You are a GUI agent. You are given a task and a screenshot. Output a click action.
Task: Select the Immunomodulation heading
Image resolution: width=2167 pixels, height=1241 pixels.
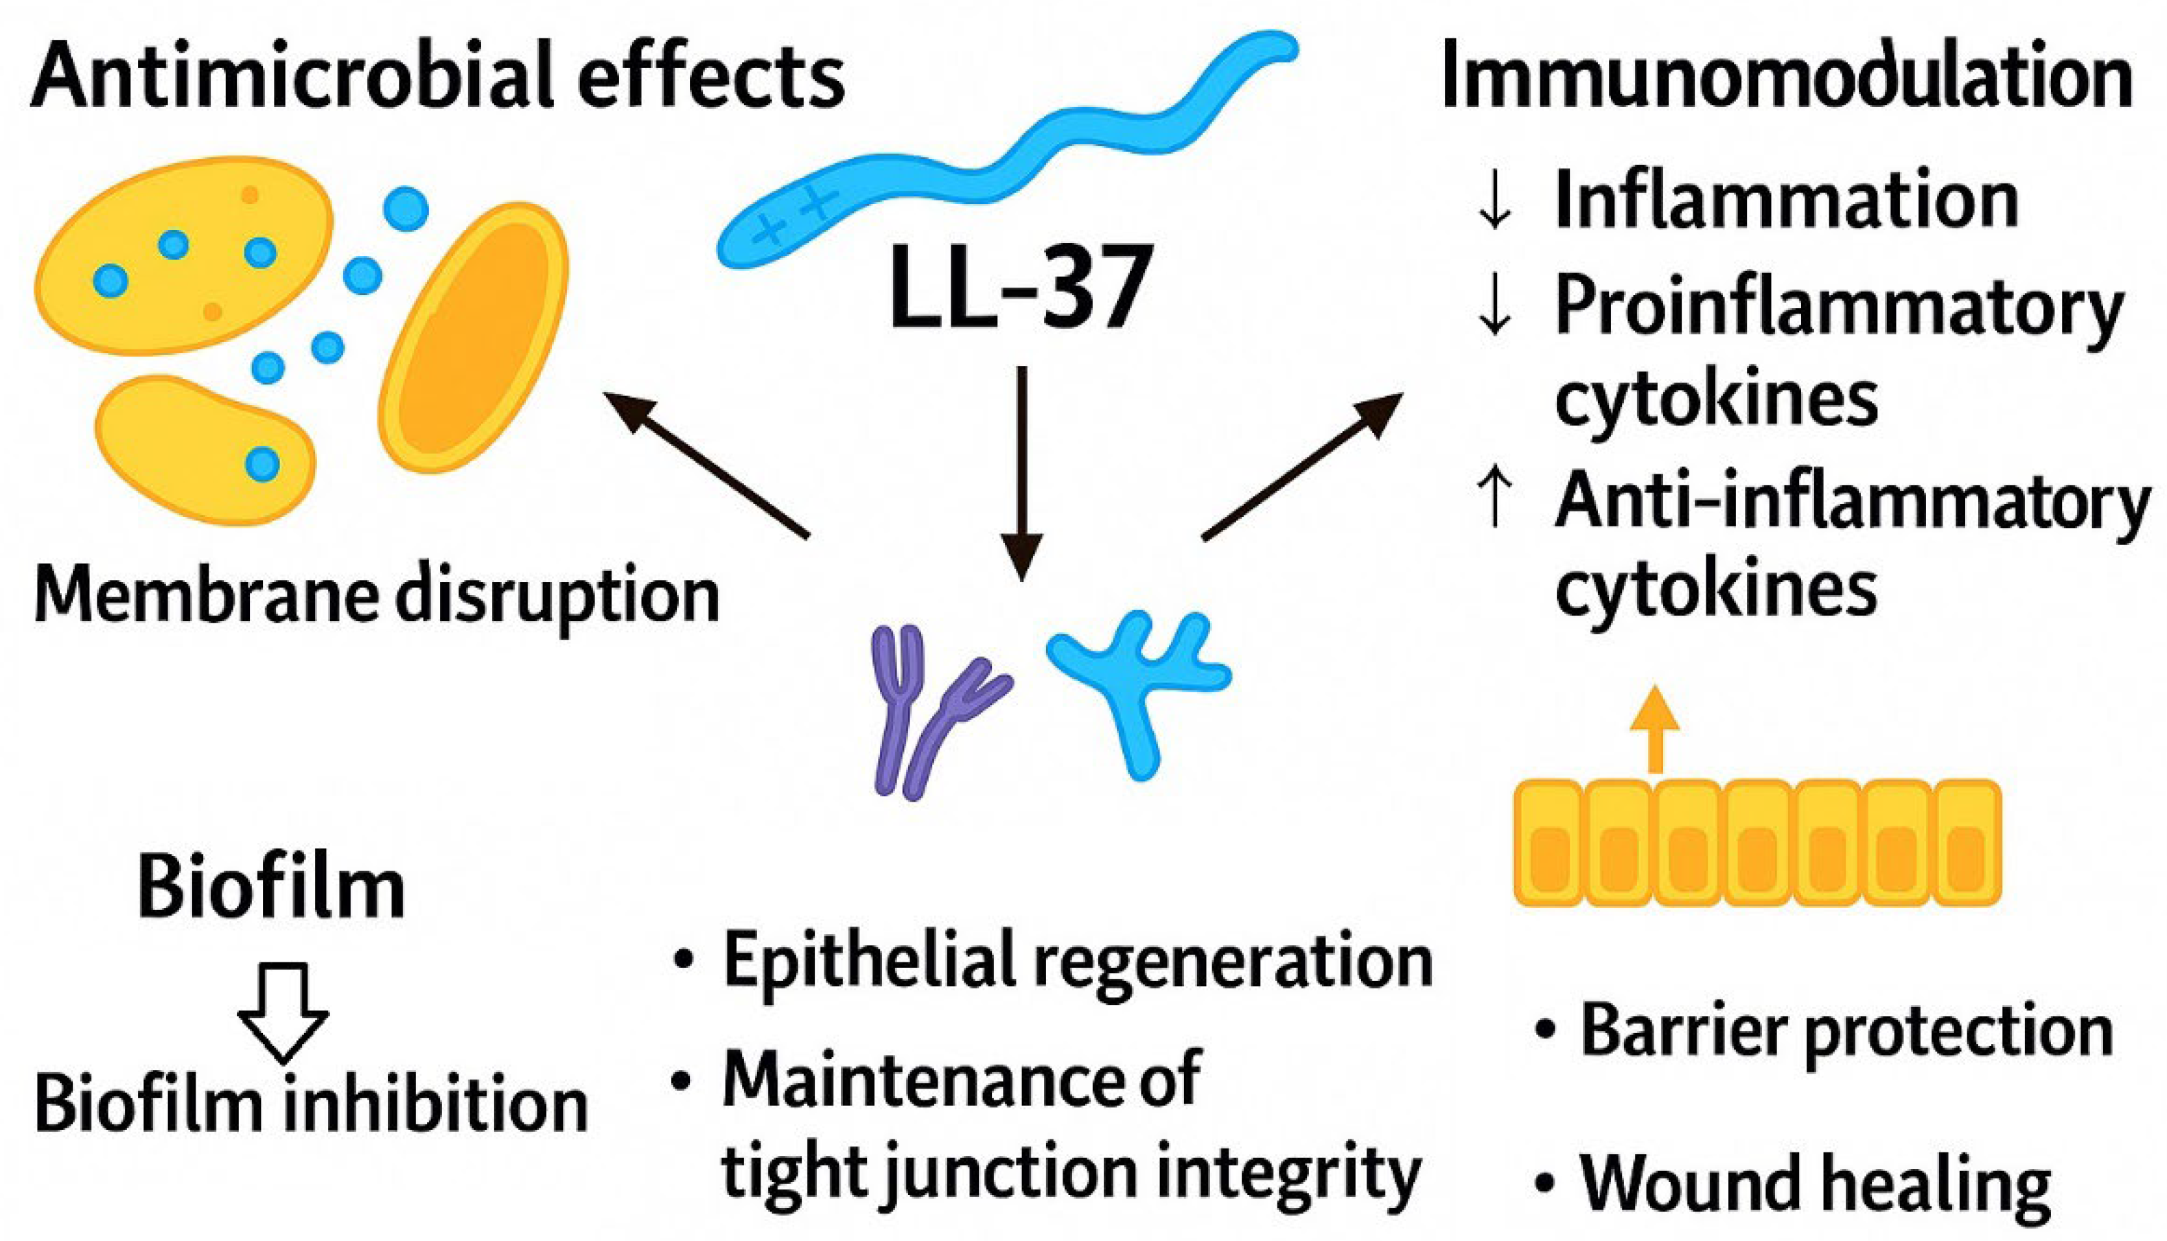pos(1785,79)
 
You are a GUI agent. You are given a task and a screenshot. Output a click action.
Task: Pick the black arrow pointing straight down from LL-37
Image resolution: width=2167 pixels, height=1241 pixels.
pos(1021,473)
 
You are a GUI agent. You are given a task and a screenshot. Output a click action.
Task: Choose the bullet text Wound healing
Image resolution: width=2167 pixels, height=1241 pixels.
pos(1815,1185)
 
